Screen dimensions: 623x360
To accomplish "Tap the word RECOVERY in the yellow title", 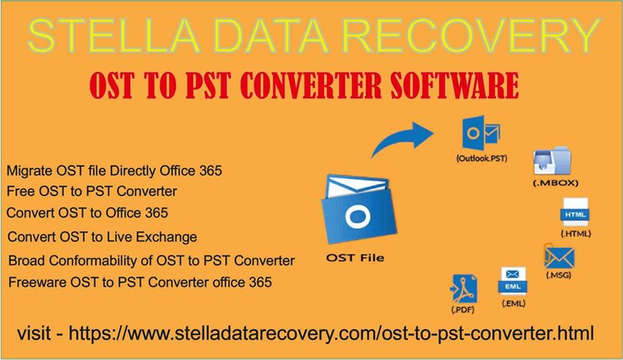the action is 471,35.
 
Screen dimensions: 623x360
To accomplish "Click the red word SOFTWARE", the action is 455,85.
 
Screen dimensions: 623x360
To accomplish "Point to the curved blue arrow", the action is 397,139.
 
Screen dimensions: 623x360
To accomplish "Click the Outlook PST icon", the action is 481,132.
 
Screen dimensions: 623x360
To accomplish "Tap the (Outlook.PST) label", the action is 481,158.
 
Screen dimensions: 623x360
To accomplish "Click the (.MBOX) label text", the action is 555,183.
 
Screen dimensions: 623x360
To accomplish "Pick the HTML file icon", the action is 575,212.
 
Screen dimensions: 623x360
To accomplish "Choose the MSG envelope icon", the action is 559,256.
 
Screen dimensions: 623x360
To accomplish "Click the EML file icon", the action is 512,281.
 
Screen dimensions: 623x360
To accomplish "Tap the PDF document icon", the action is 464,288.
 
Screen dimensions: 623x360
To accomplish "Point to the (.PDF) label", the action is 463,309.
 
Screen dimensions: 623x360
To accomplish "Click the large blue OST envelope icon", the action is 359,210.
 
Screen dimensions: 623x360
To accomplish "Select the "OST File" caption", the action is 355,258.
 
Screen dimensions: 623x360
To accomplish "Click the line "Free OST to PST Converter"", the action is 92,191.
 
